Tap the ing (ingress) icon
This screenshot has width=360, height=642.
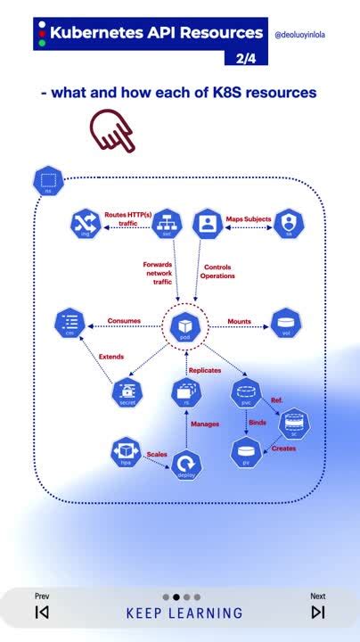tap(85, 224)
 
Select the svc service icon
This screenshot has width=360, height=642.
tap(167, 224)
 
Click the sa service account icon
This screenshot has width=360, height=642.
tap(289, 224)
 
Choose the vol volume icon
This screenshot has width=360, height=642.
tap(286, 322)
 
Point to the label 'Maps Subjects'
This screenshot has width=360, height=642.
tap(247, 218)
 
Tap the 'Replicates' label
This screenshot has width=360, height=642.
tap(205, 370)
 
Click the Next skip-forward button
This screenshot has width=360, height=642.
tap(318, 612)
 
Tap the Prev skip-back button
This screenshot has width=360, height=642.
tap(42, 612)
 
